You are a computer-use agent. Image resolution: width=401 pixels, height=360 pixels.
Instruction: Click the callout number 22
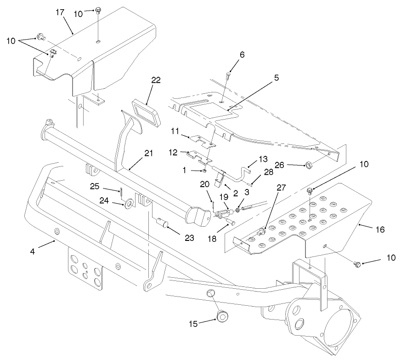pyautogui.click(x=156, y=80)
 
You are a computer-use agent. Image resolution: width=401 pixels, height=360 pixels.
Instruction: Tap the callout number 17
pyautogui.click(x=60, y=12)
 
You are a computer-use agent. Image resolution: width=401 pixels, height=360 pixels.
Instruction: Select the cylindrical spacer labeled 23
pyautogui.click(x=164, y=225)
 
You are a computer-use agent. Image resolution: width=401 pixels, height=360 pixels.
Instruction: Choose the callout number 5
pyautogui.click(x=277, y=78)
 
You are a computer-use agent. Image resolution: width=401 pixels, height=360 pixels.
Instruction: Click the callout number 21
pyautogui.click(x=148, y=154)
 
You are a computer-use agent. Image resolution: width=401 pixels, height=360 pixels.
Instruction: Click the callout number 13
pyautogui.click(x=263, y=159)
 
